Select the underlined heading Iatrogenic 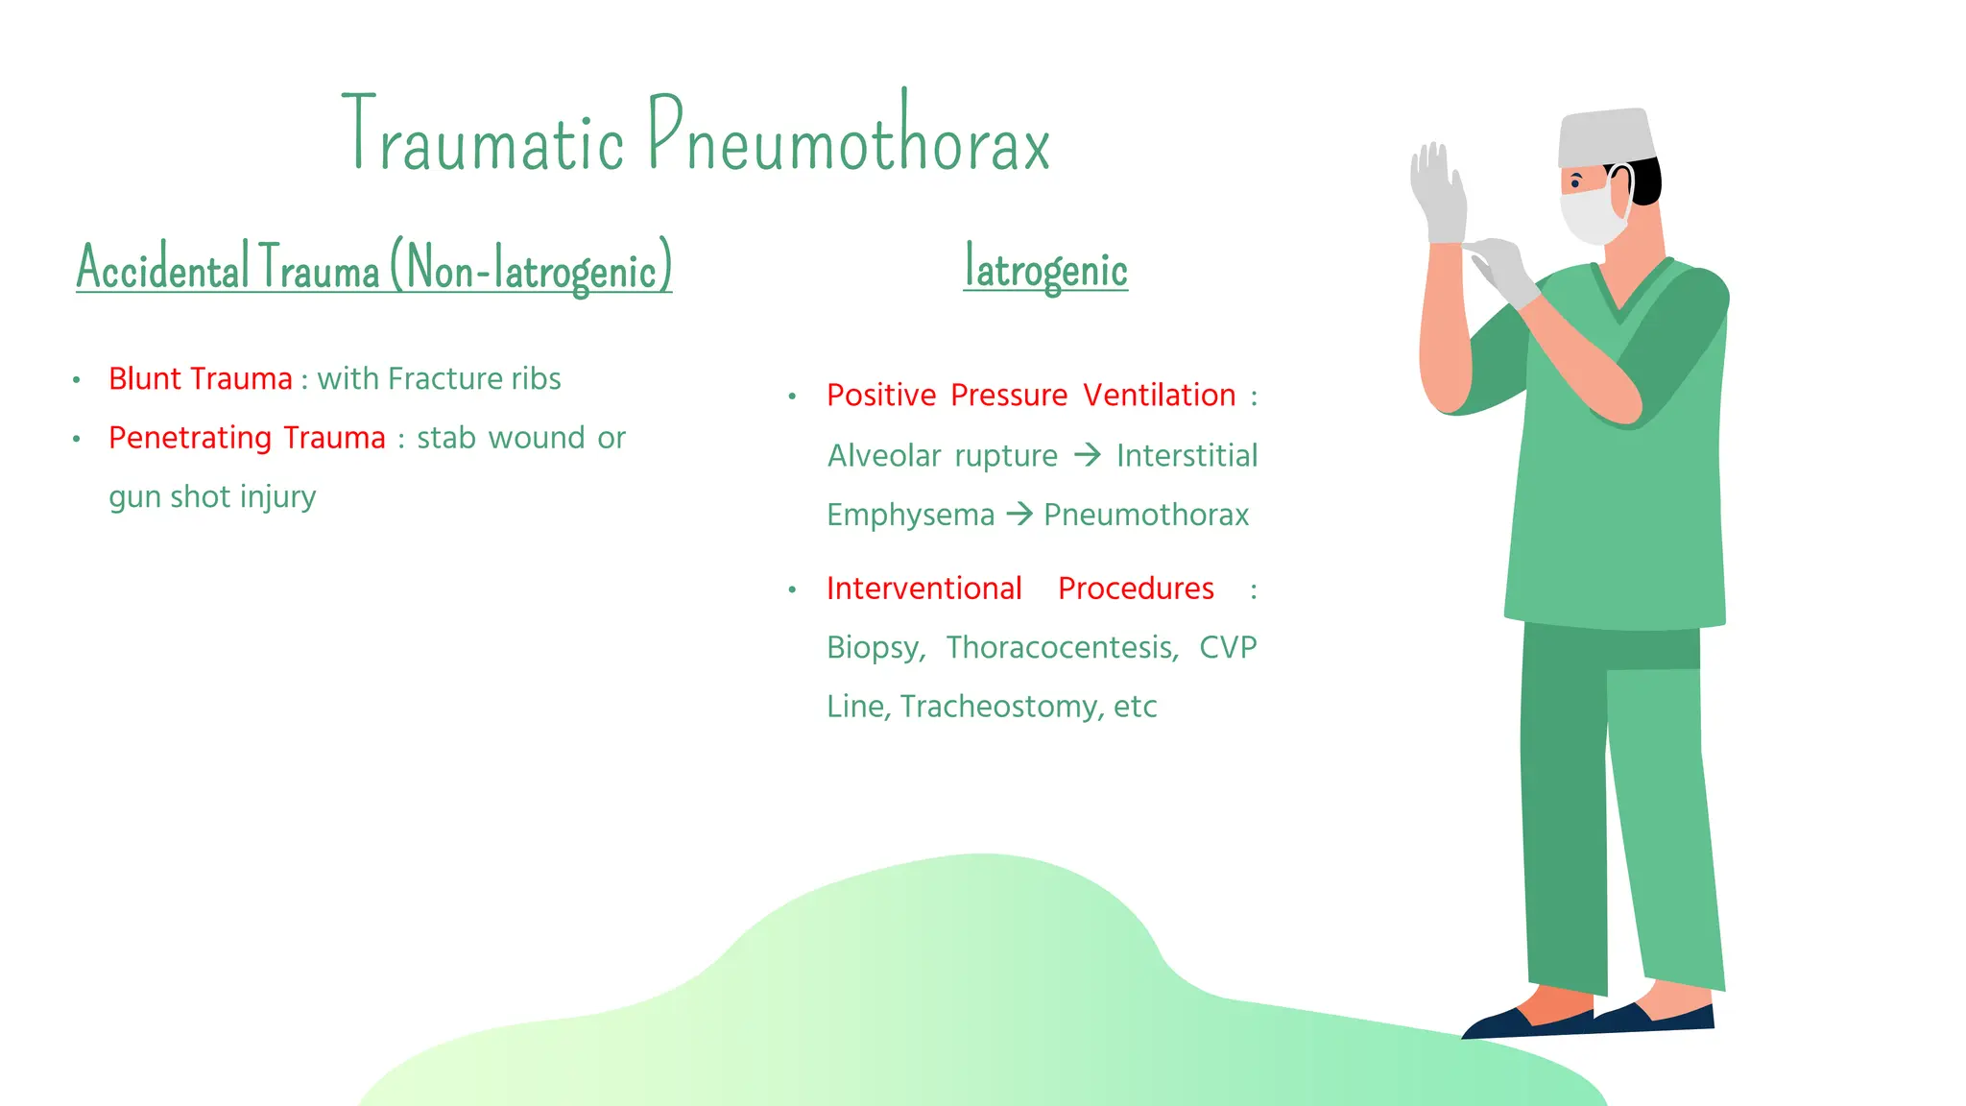pyautogui.click(x=1045, y=269)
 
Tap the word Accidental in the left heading pyautogui.click(x=162, y=269)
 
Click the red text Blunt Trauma pyautogui.click(x=200, y=379)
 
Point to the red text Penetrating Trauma pyautogui.click(x=247, y=438)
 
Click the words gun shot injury pyautogui.click(x=212, y=497)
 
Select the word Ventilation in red pyautogui.click(x=1159, y=396)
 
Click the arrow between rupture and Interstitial pyautogui.click(x=1087, y=454)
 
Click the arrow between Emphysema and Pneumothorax pyautogui.click(x=1019, y=515)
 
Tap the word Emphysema pyautogui.click(x=910, y=516)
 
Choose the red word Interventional pyautogui.click(x=923, y=589)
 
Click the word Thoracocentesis pyautogui.click(x=1062, y=648)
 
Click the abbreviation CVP pyautogui.click(x=1227, y=648)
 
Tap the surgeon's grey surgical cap pyautogui.click(x=1605, y=137)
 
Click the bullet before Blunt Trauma pyautogui.click(x=76, y=380)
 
